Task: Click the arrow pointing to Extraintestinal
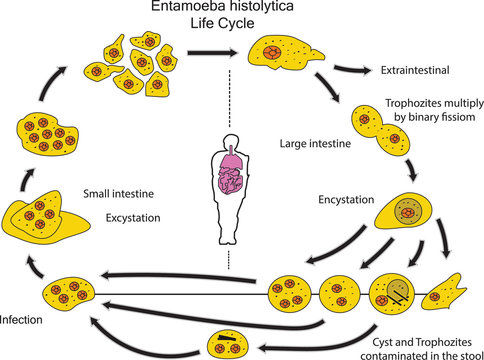(353, 70)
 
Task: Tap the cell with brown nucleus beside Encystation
(406, 212)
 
